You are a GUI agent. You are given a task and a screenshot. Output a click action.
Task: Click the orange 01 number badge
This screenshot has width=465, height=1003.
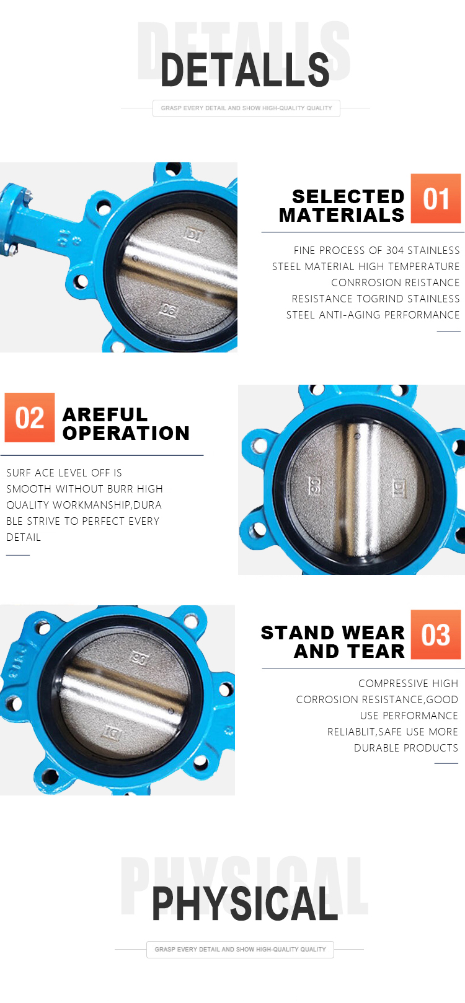pyautogui.click(x=436, y=198)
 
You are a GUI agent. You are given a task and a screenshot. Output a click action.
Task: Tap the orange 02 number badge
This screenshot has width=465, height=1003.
pyautogui.click(x=30, y=418)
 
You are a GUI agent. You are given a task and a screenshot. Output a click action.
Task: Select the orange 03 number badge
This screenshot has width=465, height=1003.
pyautogui.click(x=436, y=634)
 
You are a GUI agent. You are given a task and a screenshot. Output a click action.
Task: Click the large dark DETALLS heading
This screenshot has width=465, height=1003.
pyautogui.click(x=245, y=70)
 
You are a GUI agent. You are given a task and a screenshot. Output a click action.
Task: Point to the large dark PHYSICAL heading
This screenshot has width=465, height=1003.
pyautogui.click(x=245, y=903)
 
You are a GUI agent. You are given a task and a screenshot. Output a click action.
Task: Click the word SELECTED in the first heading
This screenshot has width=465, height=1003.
pyautogui.click(x=348, y=196)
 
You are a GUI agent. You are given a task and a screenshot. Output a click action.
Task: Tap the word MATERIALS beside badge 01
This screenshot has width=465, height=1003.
pyautogui.click(x=342, y=216)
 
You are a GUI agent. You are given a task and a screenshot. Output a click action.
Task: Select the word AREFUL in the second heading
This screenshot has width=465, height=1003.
pyautogui.click(x=105, y=414)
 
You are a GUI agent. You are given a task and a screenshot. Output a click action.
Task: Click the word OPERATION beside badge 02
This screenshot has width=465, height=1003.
pyautogui.click(x=126, y=434)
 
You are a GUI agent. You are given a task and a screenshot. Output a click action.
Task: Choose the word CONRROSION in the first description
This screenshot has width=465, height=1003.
pyautogui.click(x=363, y=283)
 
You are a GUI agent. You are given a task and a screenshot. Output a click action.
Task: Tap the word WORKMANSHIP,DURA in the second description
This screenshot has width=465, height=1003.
pyautogui.click(x=107, y=505)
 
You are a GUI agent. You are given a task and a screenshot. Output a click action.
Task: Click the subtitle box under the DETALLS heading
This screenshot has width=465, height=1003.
pyautogui.click(x=246, y=108)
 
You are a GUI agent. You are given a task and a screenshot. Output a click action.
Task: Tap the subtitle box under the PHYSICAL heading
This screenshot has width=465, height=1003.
pyautogui.click(x=240, y=950)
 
